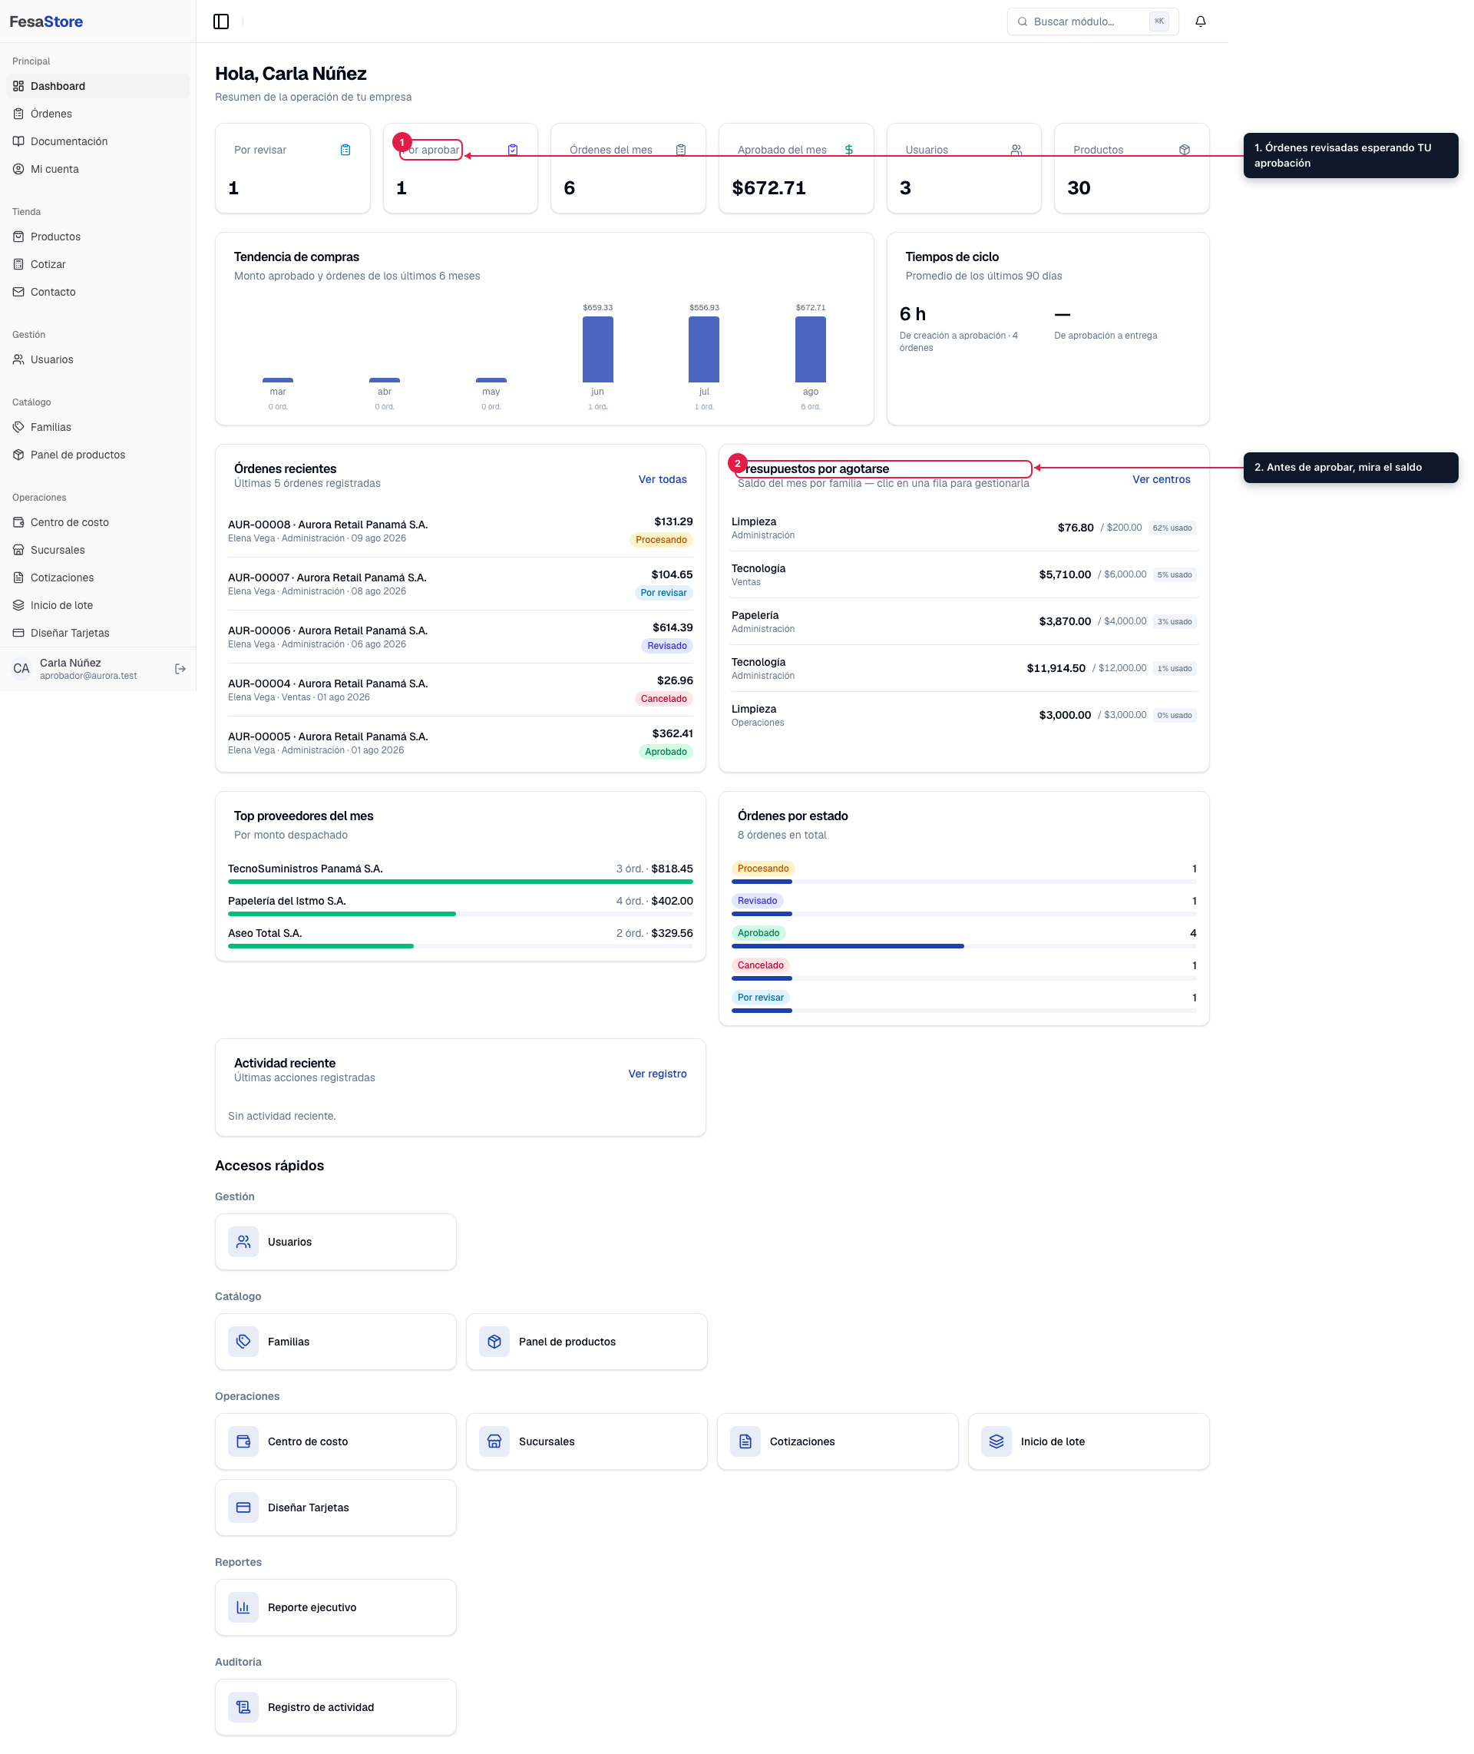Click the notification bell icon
coord(1200,22)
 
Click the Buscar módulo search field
coord(1092,22)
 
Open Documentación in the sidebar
coord(69,141)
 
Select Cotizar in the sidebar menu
coord(48,264)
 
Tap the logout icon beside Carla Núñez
coord(180,669)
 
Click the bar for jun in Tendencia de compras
coord(597,349)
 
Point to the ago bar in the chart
coord(811,349)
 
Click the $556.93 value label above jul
coord(705,307)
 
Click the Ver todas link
coord(663,480)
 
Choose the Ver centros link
coord(1161,480)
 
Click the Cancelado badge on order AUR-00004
coord(663,699)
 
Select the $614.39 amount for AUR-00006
coord(673,627)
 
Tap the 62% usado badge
coord(1172,528)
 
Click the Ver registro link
coord(658,1074)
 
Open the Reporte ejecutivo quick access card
coord(336,1607)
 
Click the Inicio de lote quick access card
coord(1088,1441)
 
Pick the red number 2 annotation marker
coord(737,463)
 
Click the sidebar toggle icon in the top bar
coord(221,22)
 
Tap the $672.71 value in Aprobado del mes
coord(768,188)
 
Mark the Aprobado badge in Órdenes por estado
coord(758,932)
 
